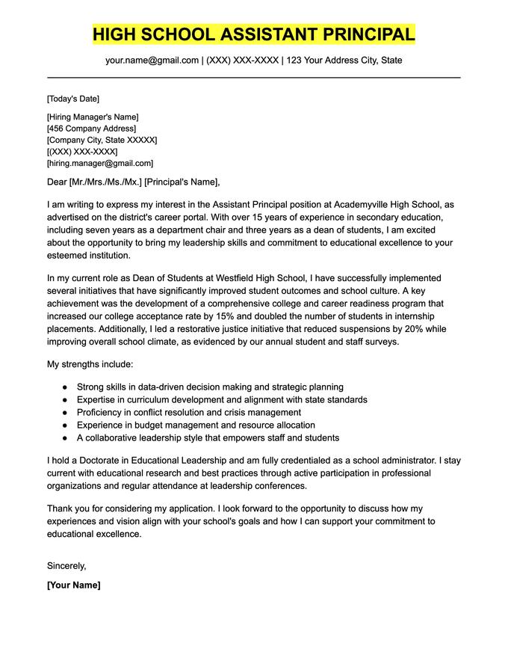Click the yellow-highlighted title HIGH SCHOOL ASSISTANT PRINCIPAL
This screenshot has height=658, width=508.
tap(254, 34)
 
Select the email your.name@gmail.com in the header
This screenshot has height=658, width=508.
tap(152, 60)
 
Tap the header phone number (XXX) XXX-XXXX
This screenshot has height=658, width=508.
tap(241, 60)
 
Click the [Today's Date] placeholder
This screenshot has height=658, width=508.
tap(72, 99)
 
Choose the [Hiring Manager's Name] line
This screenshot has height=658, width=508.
tap(93, 117)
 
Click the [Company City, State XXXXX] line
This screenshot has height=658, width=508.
tap(102, 140)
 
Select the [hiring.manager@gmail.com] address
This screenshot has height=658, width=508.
tap(99, 163)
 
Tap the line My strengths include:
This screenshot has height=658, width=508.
tap(90, 364)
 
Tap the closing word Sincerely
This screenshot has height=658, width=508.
tap(66, 565)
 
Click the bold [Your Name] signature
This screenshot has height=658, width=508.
tap(73, 585)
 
